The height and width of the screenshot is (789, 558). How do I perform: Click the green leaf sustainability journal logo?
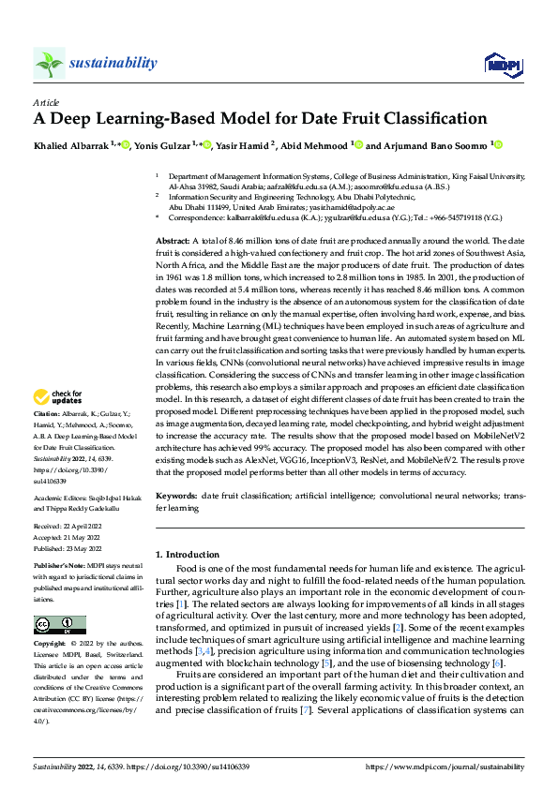tap(49, 63)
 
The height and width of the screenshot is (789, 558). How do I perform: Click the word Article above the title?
tap(46, 102)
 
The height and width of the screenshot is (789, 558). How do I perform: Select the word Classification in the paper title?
tap(434, 119)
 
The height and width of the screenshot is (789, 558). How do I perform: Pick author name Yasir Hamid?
tap(243, 145)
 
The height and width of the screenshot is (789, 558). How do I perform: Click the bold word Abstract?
tap(173, 241)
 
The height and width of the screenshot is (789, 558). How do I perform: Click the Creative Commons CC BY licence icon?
tap(59, 625)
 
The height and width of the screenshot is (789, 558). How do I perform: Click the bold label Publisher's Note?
tap(60, 569)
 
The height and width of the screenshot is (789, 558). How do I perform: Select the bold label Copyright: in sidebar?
tap(52, 644)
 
